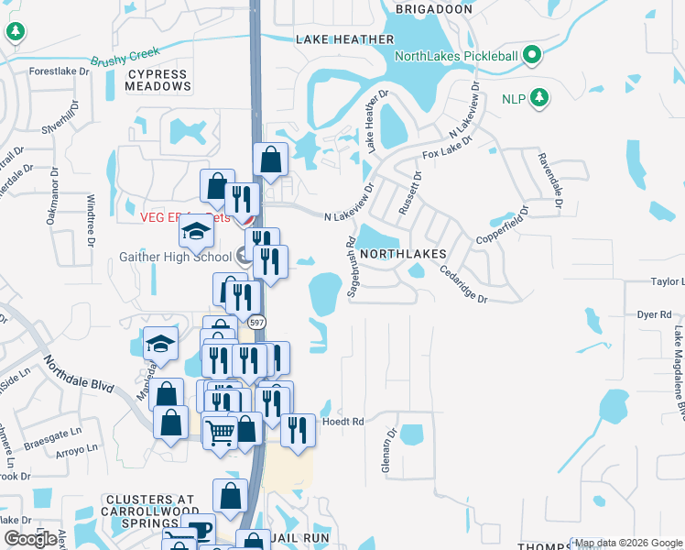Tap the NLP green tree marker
pos(539,97)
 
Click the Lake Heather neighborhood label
pos(345,39)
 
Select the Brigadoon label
pos(433,9)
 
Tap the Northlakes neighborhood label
pos(402,254)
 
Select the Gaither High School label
pos(174,258)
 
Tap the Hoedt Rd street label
pos(343,422)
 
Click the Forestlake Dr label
pos(60,71)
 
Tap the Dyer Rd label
pos(654,314)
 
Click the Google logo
pos(29,539)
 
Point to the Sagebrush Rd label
pos(351,269)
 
